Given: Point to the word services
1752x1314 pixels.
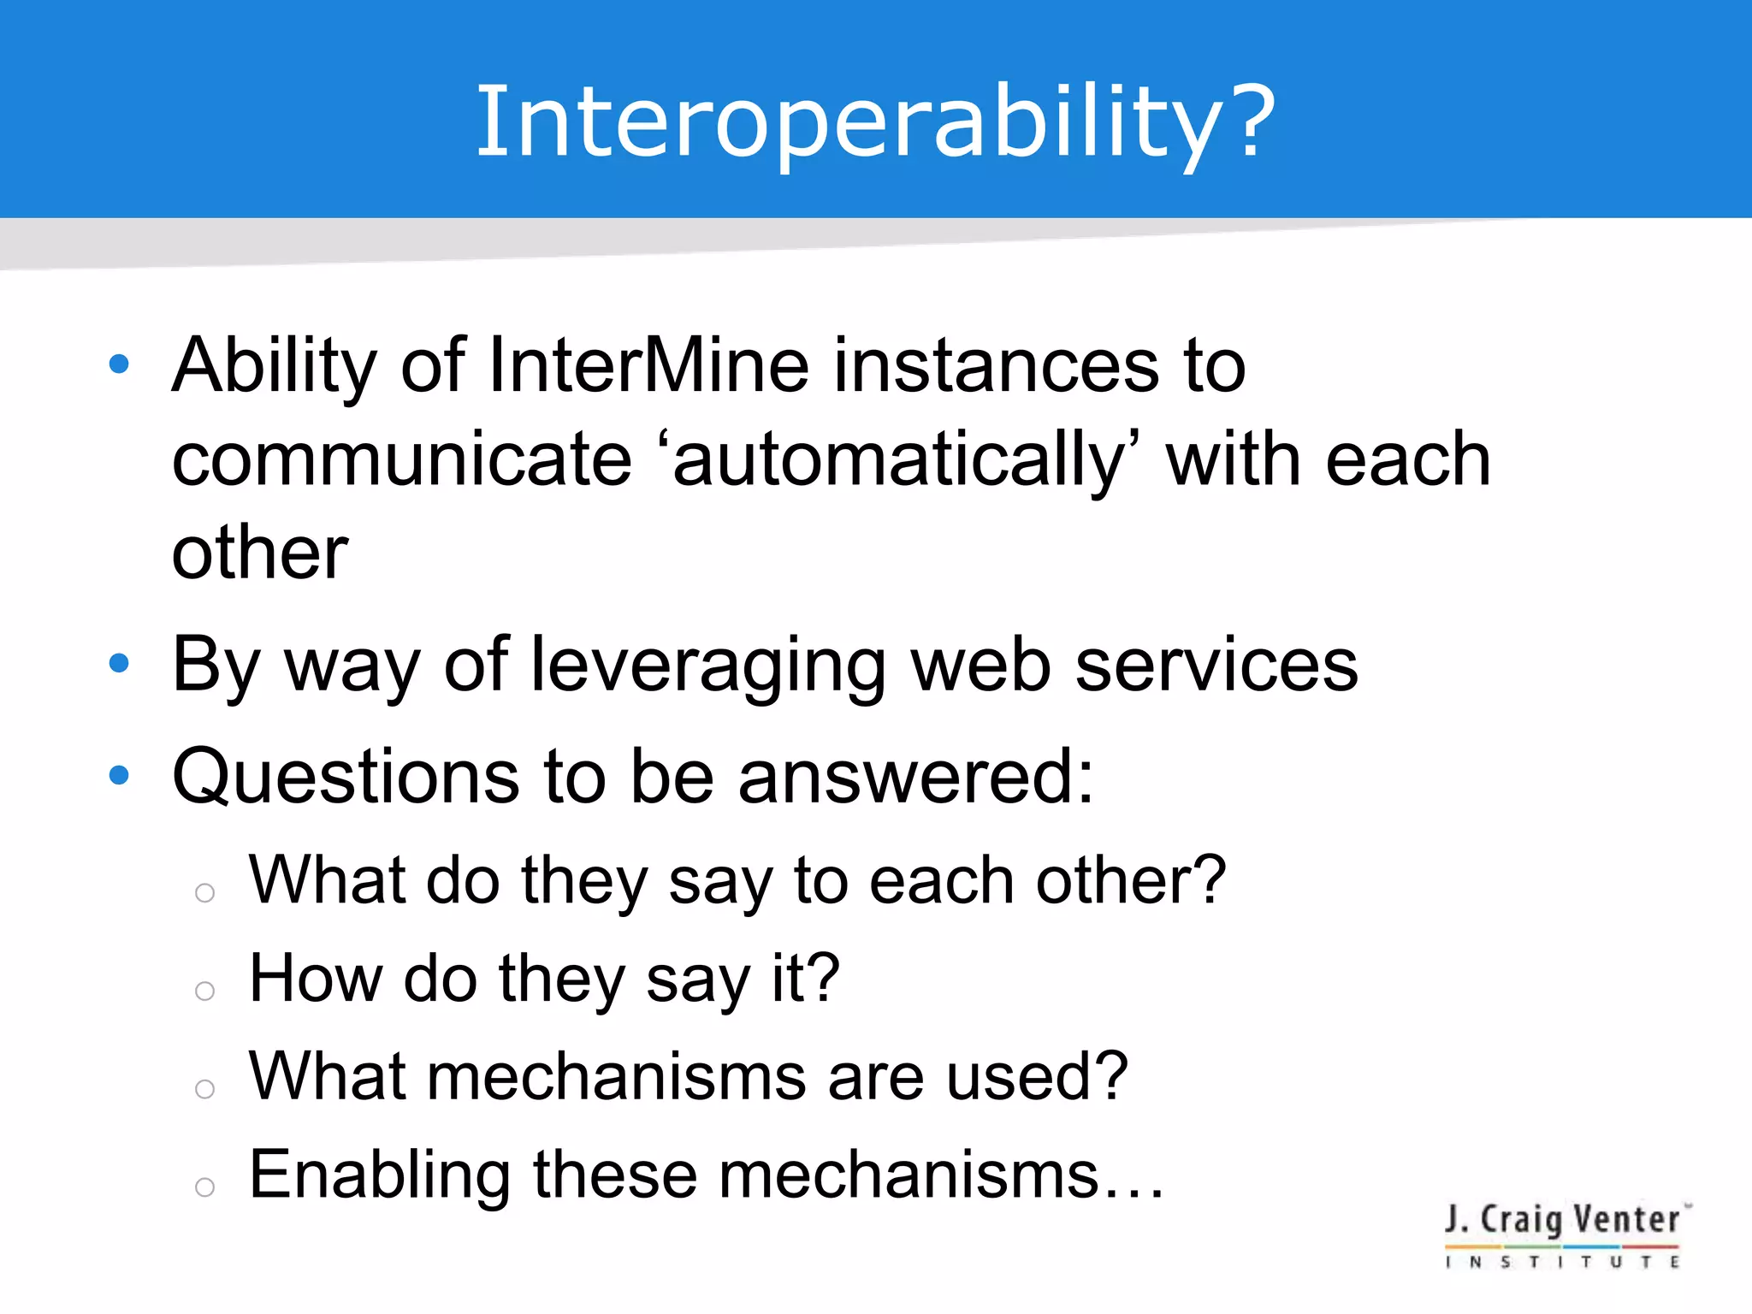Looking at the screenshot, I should [x=1215, y=666].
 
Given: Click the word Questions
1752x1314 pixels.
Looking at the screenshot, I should [x=345, y=777].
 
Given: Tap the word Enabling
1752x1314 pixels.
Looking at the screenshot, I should [x=379, y=1175].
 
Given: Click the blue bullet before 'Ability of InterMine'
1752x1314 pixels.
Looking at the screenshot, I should [x=119, y=364].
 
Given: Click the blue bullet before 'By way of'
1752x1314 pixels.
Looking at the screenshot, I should [x=119, y=663].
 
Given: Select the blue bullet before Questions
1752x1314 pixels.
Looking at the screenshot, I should [x=119, y=775].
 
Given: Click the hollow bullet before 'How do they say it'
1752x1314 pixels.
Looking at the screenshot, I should [x=204, y=991].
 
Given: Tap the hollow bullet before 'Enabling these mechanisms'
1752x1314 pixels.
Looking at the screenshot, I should [x=204, y=1187].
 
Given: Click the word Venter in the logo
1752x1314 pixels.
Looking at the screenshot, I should [x=1625, y=1220].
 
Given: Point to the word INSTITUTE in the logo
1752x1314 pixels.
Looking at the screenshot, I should [x=1562, y=1262].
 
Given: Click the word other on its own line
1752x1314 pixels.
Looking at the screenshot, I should [x=259, y=553].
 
